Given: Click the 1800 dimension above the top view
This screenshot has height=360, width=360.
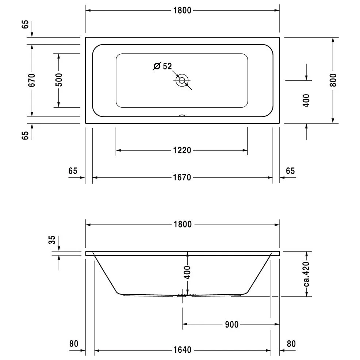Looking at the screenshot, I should [x=182, y=11].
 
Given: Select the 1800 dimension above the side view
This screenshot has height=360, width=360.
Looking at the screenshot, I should [x=182, y=224].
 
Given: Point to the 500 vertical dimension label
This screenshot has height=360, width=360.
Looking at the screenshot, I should [x=59, y=80].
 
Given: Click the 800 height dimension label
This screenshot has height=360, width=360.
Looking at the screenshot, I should [x=333, y=80].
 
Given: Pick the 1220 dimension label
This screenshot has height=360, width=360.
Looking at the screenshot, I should [x=182, y=150].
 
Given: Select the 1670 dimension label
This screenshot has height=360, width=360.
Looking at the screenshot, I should [x=182, y=177].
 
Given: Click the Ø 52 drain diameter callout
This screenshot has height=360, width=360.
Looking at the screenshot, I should [x=163, y=66].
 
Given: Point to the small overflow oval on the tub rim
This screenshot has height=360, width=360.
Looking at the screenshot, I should [x=181, y=117].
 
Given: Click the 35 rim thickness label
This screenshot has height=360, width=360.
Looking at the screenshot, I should [x=52, y=240].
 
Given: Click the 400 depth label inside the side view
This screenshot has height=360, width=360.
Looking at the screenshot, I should [x=187, y=272].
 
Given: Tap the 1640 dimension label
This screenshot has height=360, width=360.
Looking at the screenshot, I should [x=182, y=351].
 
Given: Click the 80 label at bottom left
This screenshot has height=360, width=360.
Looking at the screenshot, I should [x=73, y=344].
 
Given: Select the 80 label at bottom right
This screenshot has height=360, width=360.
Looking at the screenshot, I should [x=291, y=344].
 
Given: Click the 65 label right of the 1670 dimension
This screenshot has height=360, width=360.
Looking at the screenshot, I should [x=290, y=171].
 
